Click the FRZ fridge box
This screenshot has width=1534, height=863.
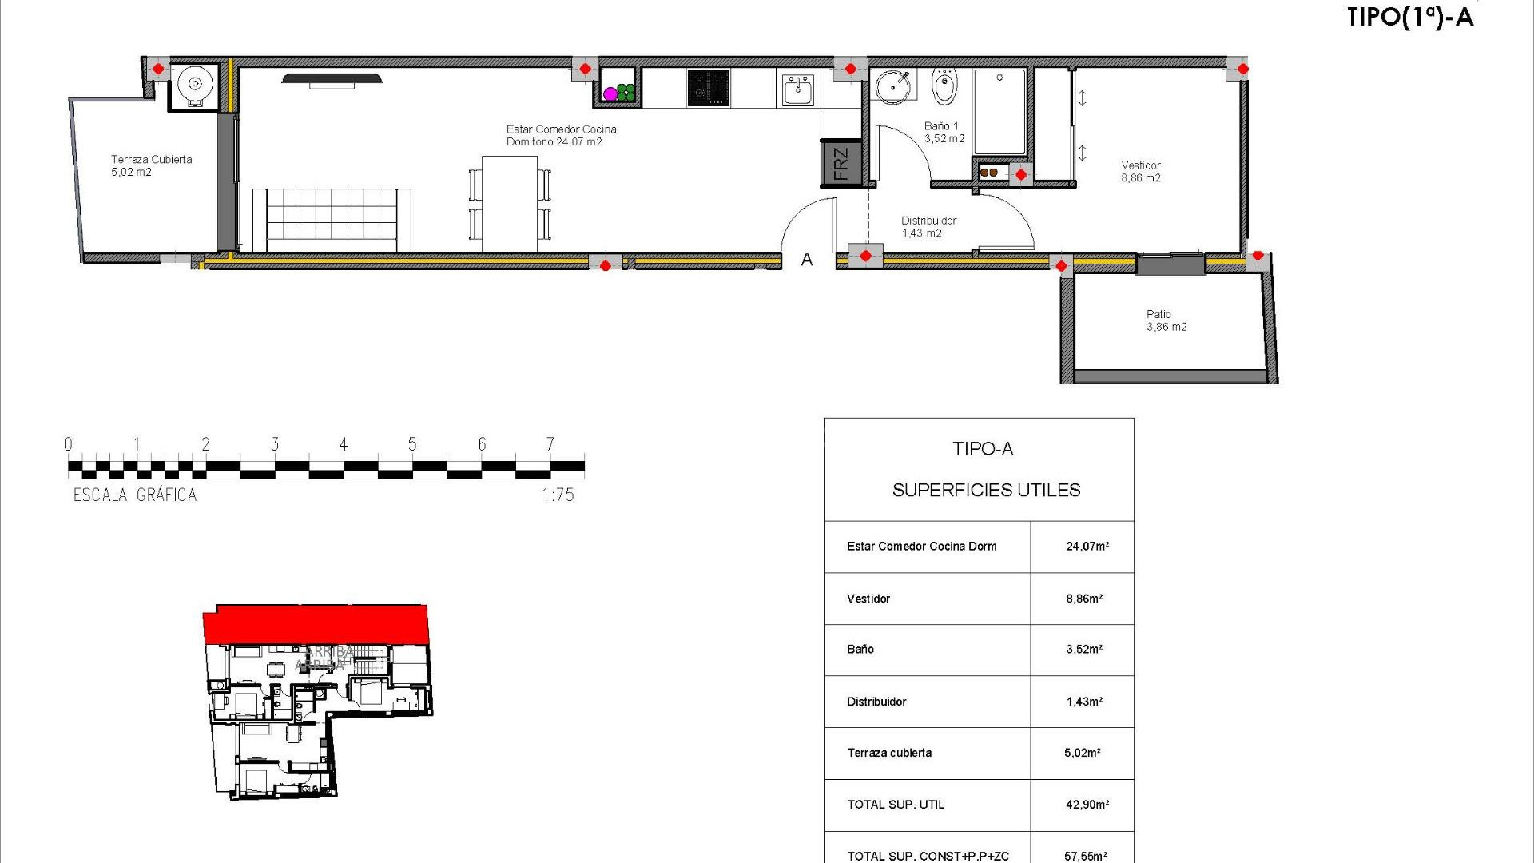[841, 163]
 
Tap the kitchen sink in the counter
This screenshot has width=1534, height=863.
[797, 89]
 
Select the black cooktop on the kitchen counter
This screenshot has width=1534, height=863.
[708, 88]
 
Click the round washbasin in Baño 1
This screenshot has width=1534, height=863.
[892, 86]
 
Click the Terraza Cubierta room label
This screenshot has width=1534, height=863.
[151, 165]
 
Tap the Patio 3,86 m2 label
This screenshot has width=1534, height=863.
[1166, 320]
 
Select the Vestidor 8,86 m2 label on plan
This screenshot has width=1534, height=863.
[1140, 172]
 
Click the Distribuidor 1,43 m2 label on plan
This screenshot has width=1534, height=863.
[928, 227]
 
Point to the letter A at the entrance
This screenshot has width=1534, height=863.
[807, 260]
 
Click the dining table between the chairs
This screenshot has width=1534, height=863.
[510, 204]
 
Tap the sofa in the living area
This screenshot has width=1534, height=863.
[332, 219]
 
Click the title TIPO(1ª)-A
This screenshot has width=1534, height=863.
[1409, 18]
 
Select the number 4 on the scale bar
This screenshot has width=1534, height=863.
[344, 444]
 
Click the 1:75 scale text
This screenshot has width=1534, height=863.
[558, 495]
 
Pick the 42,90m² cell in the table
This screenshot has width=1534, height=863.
[1087, 805]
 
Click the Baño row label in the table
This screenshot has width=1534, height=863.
[860, 650]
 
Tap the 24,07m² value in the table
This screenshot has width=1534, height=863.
[1087, 547]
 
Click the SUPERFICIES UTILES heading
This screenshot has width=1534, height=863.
[986, 491]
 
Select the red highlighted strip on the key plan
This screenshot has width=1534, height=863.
[316, 624]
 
